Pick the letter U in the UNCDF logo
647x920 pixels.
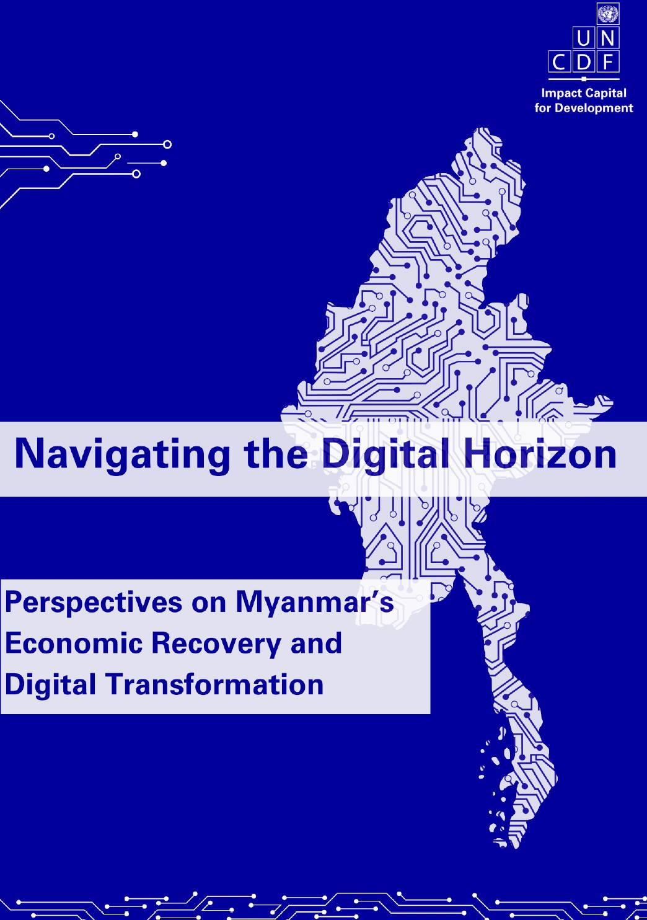[x=583, y=40]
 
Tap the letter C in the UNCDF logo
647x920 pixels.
[x=559, y=63]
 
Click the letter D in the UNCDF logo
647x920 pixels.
[x=583, y=63]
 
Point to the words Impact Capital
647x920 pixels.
[x=584, y=93]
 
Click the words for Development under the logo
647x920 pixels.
[x=584, y=108]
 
